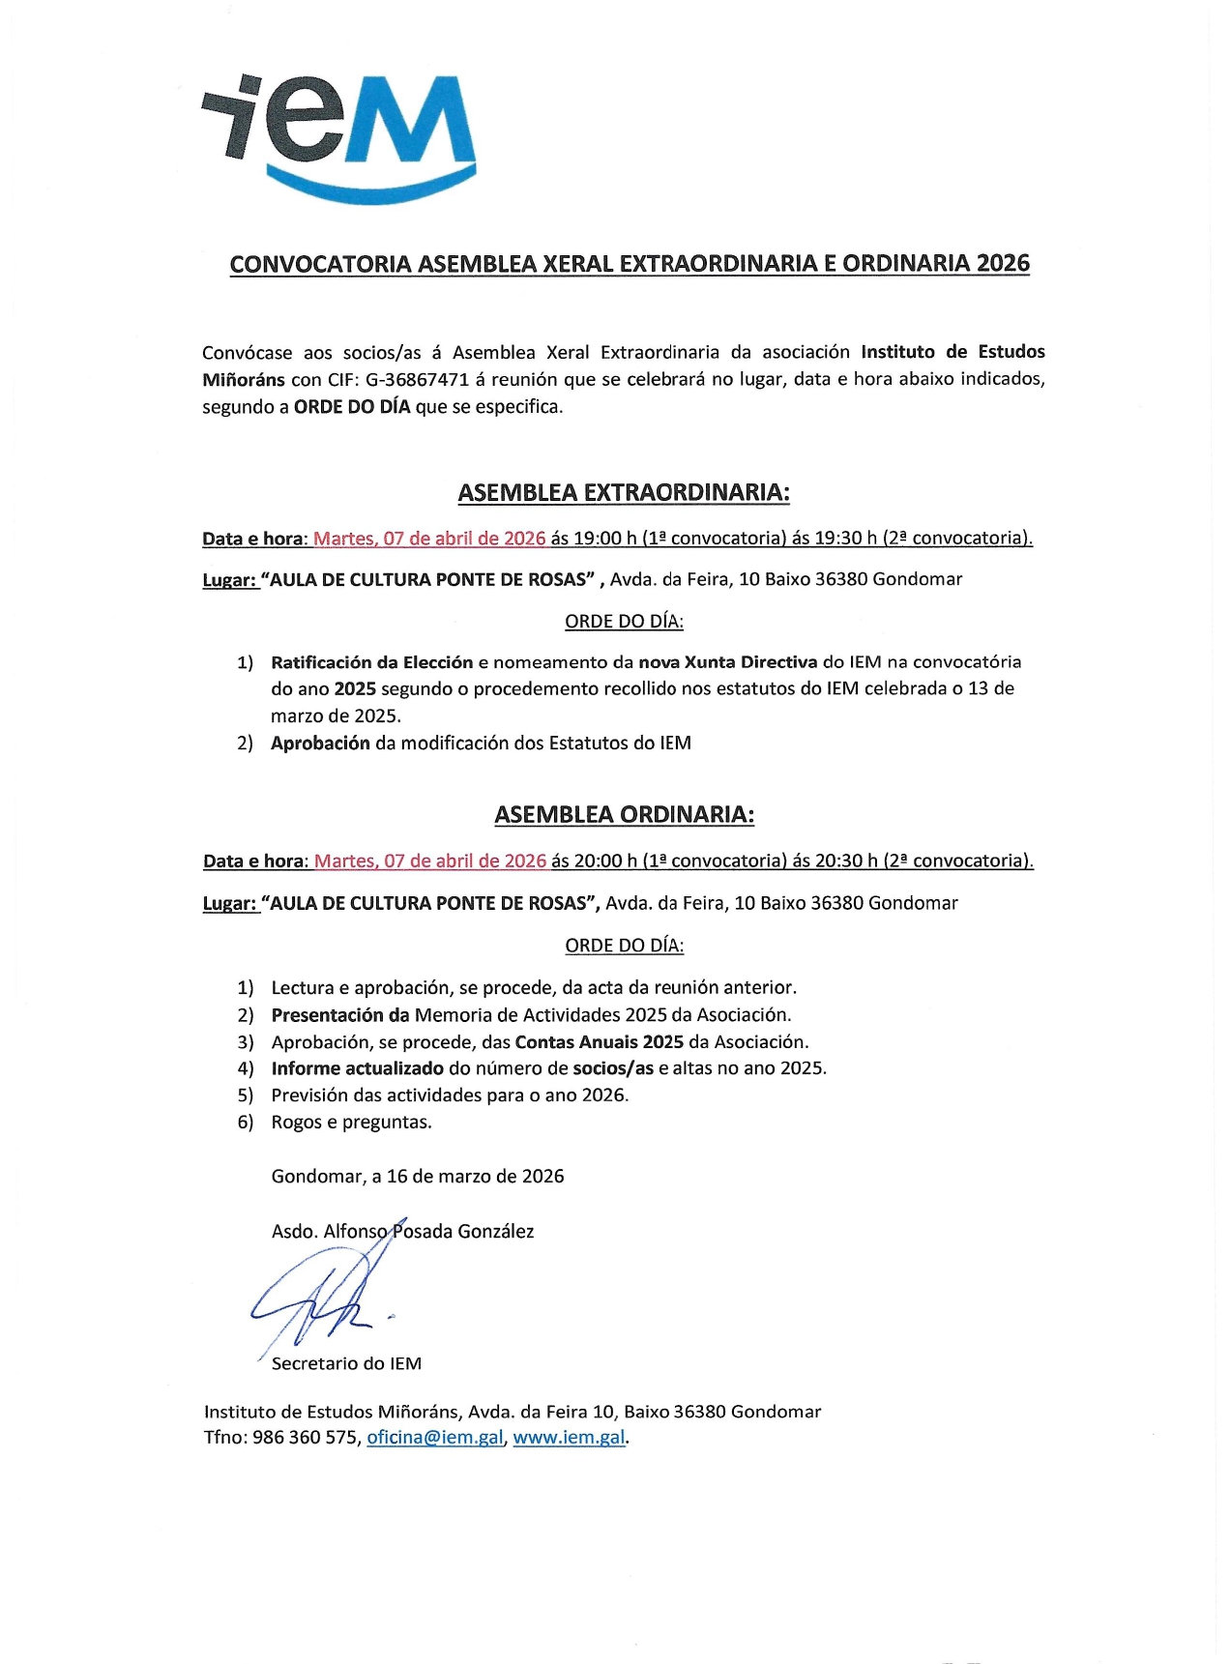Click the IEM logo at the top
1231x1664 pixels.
(338, 135)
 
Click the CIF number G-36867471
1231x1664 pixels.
(417, 379)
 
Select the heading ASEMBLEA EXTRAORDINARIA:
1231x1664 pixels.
(624, 492)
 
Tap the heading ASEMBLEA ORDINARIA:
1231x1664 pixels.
(624, 814)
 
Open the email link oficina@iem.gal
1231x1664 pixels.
(435, 1437)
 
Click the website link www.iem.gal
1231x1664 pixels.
(569, 1437)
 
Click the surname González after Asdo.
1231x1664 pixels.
(495, 1231)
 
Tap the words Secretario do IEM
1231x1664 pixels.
(346, 1363)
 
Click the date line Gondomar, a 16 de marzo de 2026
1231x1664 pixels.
(418, 1176)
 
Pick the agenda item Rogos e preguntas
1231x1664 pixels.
(351, 1122)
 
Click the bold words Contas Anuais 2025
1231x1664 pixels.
(599, 1041)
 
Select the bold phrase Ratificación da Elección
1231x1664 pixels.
(371, 662)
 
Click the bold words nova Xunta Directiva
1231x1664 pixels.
(727, 662)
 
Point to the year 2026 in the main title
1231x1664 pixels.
(1003, 263)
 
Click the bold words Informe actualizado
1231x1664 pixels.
(357, 1068)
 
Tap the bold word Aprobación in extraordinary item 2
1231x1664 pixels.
(320, 743)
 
